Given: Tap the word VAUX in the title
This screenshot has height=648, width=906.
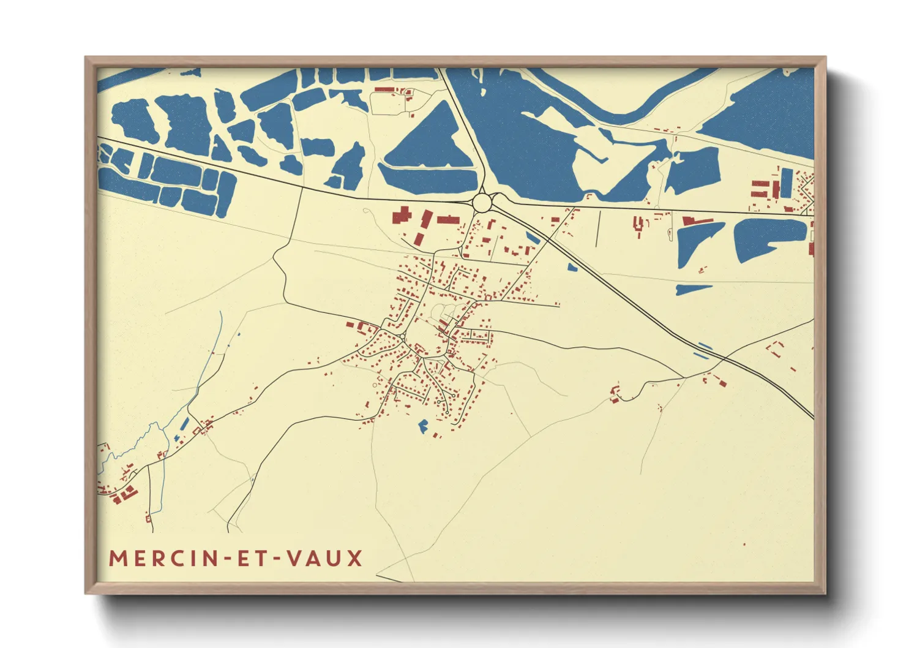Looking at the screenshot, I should click(x=325, y=559).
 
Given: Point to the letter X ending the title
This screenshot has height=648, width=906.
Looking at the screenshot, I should click(x=356, y=559).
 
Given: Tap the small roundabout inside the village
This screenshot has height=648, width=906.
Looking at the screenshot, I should click(x=401, y=336).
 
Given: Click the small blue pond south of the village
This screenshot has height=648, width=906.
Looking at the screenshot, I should click(x=422, y=426).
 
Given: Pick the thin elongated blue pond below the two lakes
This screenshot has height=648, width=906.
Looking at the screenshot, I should click(x=693, y=289).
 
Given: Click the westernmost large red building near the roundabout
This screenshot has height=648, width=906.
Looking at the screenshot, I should click(x=400, y=217).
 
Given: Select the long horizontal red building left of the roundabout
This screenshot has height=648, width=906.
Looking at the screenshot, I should click(x=449, y=219).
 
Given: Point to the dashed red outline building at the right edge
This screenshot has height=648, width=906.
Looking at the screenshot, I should click(x=776, y=348).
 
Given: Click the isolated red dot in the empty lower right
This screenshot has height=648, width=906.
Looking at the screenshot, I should click(x=744, y=544).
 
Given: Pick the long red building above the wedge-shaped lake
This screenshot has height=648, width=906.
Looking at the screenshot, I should click(x=697, y=220).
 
